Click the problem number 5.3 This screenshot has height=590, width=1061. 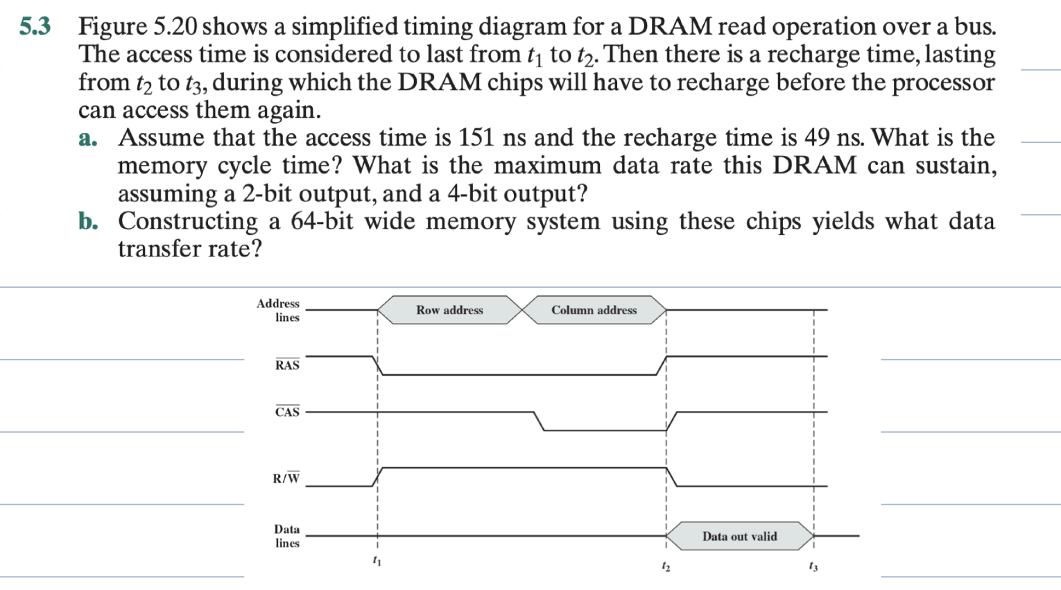point(35,26)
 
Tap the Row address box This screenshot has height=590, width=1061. point(449,310)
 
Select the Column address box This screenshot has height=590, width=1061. point(594,310)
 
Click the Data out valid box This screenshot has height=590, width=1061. point(739,536)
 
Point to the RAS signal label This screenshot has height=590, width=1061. point(287,365)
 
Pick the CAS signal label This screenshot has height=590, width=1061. point(287,412)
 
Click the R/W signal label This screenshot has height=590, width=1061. point(286,478)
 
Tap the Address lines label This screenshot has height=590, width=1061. point(279,310)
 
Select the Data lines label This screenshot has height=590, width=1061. point(286,536)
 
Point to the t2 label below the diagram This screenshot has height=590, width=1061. point(665,566)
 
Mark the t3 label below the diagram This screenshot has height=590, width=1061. point(813,566)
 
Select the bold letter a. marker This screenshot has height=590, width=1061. point(88,138)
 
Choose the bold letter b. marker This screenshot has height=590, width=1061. point(88,221)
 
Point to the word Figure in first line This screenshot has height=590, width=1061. point(112,26)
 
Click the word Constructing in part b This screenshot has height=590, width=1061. point(188,221)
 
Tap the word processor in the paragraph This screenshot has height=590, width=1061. point(943,82)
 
